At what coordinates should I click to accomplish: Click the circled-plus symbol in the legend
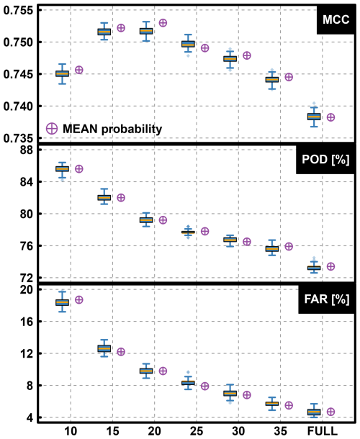[52, 128]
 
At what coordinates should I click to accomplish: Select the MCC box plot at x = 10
[63, 73]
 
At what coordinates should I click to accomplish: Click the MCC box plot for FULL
[314, 117]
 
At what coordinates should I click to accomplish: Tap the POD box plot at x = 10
[63, 168]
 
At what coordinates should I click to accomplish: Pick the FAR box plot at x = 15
[104, 349]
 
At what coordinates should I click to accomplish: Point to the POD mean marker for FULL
[330, 266]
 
